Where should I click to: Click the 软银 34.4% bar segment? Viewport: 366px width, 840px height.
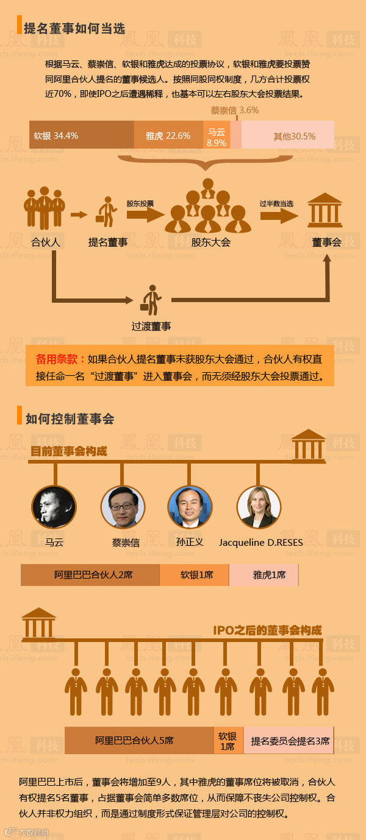coord(81,135)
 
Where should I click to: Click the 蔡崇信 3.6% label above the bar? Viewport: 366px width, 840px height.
coord(234,111)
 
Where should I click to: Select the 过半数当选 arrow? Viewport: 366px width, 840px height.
coord(279,214)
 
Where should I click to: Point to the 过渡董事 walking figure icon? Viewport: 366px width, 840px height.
coord(151,300)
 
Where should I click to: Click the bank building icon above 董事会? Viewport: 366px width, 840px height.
coord(325,210)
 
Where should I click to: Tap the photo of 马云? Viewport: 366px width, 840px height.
coord(54,506)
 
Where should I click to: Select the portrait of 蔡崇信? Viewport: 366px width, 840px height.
coord(123,506)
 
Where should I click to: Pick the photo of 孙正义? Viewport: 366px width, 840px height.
coord(190,506)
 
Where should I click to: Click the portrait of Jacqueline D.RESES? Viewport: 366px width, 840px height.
coord(259,506)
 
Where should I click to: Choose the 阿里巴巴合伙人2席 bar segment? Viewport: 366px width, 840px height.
coord(90,574)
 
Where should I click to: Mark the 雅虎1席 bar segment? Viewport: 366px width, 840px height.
coord(264,574)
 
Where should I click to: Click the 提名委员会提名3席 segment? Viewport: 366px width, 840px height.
coord(289,741)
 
